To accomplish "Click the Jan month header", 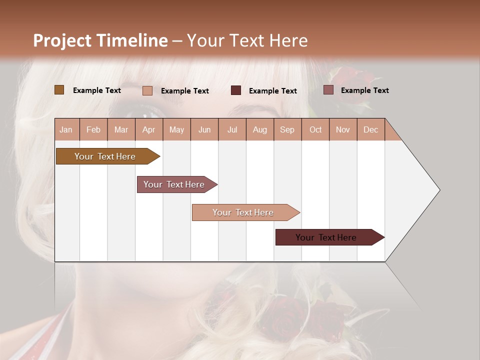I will (66, 129).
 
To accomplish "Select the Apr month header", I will (149, 129).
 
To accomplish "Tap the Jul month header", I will (232, 129).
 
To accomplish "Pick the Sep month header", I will (287, 129).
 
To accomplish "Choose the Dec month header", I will (371, 129).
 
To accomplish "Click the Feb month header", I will (93, 129).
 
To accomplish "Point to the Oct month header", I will (315, 129).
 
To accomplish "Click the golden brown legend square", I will (59, 90).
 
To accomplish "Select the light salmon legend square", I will (147, 90).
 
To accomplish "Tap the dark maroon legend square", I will (236, 90).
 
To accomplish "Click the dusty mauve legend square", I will (328, 90).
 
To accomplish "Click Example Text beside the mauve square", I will (364, 90).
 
